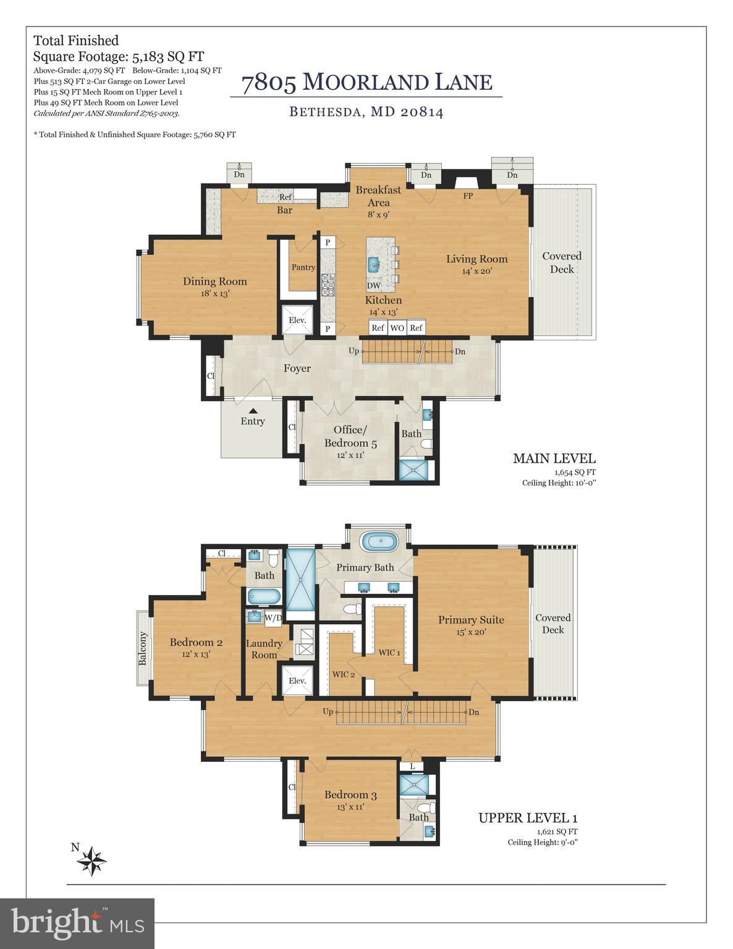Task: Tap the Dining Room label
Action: point(214,282)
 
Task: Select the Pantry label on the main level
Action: point(303,268)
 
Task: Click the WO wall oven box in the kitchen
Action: point(397,328)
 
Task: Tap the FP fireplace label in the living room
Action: point(468,196)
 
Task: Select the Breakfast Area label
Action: point(378,196)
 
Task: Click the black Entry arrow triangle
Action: point(252,410)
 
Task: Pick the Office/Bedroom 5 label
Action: point(350,436)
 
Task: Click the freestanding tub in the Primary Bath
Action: point(379,543)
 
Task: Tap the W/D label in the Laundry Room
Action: point(273,617)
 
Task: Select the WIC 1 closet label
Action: point(389,652)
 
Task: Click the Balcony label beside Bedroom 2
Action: point(143,648)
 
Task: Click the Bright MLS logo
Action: point(77,923)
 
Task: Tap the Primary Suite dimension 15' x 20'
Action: point(471,632)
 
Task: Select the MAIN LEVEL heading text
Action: point(554,458)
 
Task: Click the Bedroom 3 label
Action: point(350,795)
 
